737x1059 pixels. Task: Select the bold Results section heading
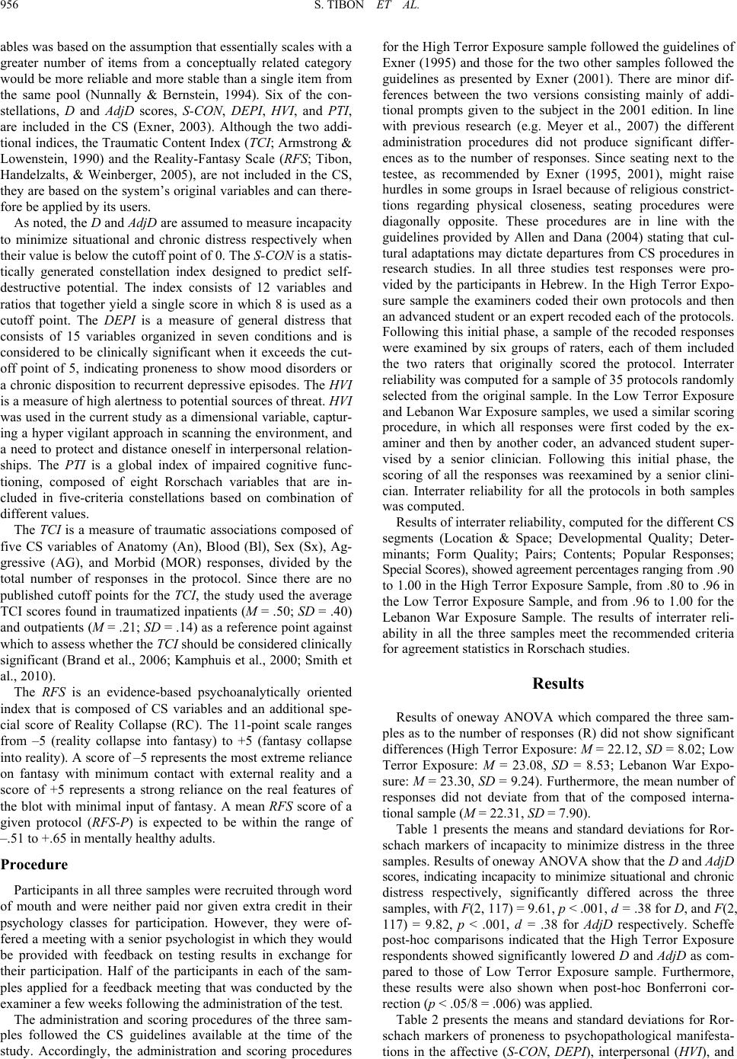pyautogui.click(x=558, y=683)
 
